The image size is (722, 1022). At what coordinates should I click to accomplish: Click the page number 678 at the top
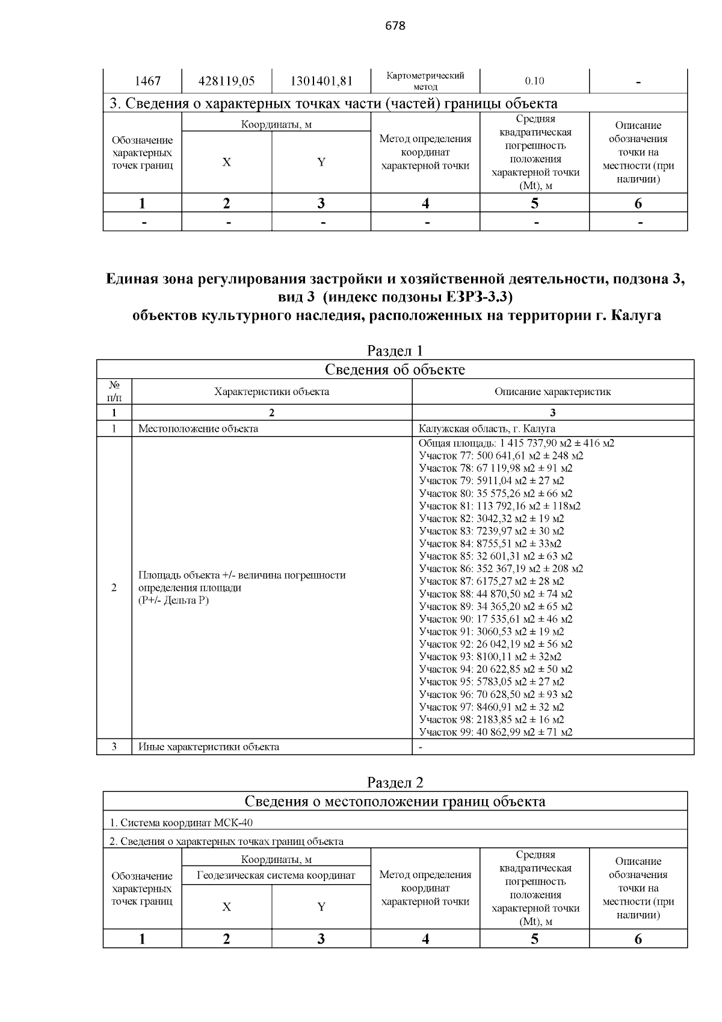[x=395, y=26]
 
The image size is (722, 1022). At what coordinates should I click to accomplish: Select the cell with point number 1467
[x=143, y=81]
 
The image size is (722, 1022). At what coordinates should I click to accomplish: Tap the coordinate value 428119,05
[x=226, y=81]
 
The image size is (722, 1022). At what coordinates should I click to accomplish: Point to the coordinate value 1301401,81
[x=321, y=81]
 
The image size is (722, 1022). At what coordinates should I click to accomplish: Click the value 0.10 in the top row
[x=534, y=81]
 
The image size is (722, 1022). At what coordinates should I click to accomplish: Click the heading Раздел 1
[x=395, y=351]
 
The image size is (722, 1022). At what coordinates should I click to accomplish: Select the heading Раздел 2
[x=395, y=782]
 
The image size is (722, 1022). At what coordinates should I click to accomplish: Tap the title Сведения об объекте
[x=395, y=369]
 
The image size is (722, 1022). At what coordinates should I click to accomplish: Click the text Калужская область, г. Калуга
[x=487, y=429]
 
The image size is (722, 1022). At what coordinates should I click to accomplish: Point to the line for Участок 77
[x=501, y=455]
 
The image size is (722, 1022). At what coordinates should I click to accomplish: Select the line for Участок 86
[x=501, y=569]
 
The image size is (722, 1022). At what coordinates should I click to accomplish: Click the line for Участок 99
[x=495, y=732]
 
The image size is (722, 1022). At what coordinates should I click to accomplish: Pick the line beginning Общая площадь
[x=516, y=443]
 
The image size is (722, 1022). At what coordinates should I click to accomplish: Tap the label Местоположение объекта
[x=198, y=429]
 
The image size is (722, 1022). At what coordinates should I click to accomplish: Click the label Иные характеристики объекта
[x=208, y=747]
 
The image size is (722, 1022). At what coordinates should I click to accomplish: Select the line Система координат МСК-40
[x=185, y=823]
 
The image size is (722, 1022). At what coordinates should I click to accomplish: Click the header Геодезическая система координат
[x=276, y=875]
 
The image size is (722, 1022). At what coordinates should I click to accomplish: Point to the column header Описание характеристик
[x=552, y=391]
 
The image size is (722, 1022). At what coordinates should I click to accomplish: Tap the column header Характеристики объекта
[x=271, y=391]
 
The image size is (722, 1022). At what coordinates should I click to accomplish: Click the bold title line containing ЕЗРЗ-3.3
[x=395, y=298]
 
